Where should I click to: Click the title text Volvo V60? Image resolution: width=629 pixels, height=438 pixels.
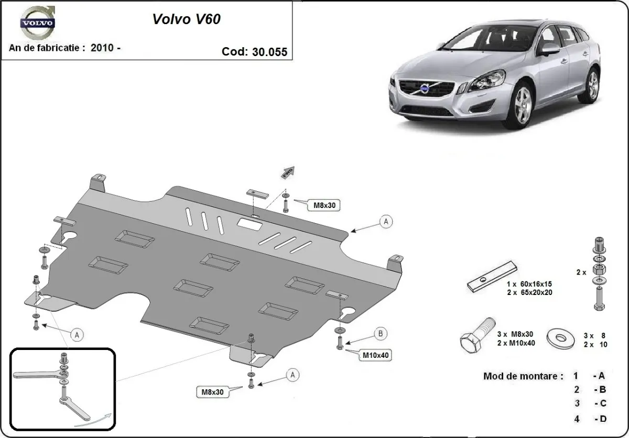click(187, 19)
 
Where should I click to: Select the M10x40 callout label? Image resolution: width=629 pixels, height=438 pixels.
click(376, 356)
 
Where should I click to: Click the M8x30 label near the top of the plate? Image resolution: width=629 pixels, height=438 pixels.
click(324, 205)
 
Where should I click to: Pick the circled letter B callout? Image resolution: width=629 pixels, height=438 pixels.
click(381, 333)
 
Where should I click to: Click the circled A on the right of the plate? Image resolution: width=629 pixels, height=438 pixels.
click(386, 222)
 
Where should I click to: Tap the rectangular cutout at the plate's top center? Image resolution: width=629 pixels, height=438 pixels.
click(251, 224)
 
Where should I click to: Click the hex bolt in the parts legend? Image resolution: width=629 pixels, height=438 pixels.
click(477, 337)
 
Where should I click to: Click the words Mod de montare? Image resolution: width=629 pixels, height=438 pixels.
click(523, 376)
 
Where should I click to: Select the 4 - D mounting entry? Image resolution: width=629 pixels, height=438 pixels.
click(590, 419)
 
